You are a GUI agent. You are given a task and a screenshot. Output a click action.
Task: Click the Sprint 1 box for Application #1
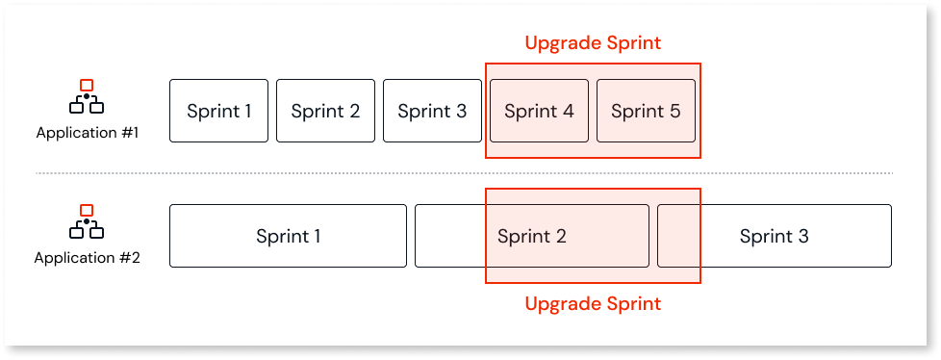click(x=218, y=111)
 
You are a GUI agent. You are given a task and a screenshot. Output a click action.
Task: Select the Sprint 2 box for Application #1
click(x=325, y=111)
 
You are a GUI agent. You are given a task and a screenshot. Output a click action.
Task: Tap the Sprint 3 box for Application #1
click(x=432, y=111)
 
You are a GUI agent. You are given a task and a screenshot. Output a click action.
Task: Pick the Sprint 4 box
click(x=539, y=111)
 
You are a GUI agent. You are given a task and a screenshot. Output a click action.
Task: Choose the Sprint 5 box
click(x=646, y=111)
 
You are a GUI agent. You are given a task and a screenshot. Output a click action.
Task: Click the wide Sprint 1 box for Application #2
click(x=288, y=236)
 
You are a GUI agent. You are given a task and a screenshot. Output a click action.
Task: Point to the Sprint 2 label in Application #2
click(x=531, y=236)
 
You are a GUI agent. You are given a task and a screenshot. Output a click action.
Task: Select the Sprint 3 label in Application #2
click(x=774, y=236)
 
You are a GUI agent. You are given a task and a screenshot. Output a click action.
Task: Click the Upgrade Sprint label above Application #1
click(x=593, y=43)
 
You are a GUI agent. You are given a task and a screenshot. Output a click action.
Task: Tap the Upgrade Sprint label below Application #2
click(x=593, y=304)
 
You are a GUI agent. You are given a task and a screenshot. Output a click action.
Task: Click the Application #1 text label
click(x=88, y=133)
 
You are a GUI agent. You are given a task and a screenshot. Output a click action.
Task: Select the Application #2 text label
click(x=88, y=258)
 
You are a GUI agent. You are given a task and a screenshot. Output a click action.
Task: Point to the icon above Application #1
click(x=87, y=97)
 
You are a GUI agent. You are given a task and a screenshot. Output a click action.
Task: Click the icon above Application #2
click(x=87, y=222)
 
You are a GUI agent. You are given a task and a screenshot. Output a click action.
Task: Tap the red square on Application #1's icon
click(x=87, y=85)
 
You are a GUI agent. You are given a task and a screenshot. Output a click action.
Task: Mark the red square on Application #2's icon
click(x=87, y=210)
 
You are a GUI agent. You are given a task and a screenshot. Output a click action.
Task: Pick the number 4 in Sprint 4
click(x=568, y=111)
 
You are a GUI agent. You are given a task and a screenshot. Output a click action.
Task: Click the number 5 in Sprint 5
click(x=674, y=111)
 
